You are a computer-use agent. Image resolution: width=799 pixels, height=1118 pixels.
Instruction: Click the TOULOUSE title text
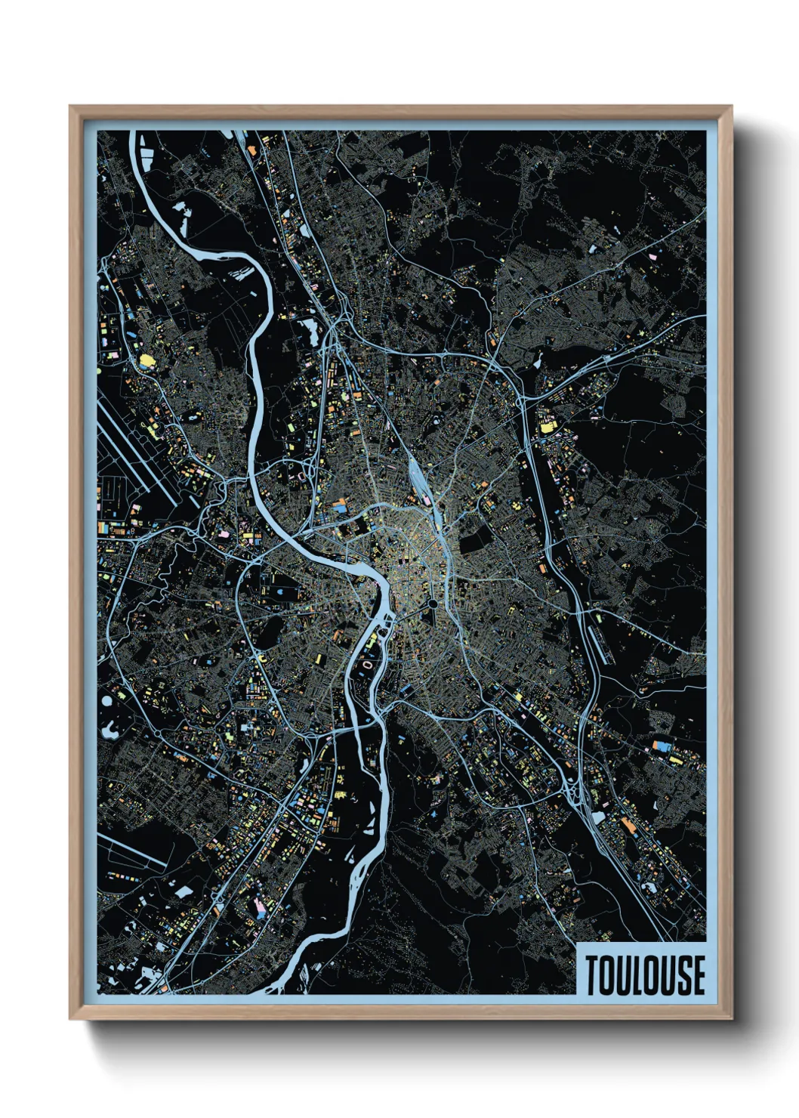click(644, 975)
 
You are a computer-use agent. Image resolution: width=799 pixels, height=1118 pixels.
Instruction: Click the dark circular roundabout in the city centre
click(431, 604)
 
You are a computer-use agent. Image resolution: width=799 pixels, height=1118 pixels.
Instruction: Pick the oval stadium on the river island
click(368, 666)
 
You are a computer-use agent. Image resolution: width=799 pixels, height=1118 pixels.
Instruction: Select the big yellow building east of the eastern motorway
click(544, 427)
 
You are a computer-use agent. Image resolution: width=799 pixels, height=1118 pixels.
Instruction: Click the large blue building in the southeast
click(663, 746)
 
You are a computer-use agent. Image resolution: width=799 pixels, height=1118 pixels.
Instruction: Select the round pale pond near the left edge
click(106, 700)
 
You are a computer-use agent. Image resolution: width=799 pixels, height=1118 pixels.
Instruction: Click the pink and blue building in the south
click(259, 907)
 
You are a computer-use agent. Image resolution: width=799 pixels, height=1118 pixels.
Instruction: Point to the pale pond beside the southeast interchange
click(599, 817)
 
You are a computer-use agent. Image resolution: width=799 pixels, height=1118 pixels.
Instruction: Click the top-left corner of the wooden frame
click(71, 107)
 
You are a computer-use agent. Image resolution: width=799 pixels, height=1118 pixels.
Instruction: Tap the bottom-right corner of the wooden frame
click(731, 1018)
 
